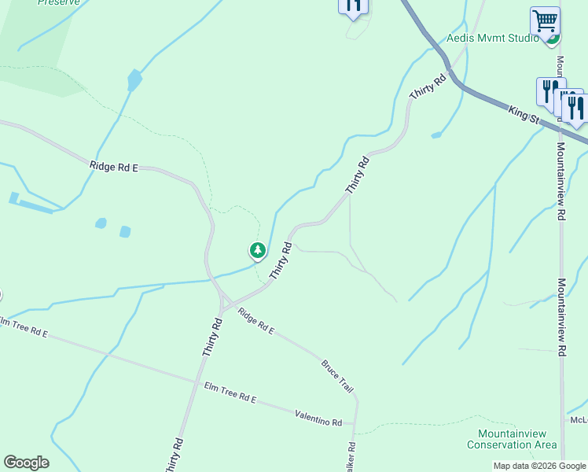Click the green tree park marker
tap(257, 251)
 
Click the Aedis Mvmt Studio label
tap(492, 37)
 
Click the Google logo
tap(26, 463)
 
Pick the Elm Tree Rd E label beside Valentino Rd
tap(230, 393)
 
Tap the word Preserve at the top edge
tap(58, 2)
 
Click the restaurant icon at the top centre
tap(353, 6)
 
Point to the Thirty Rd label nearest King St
tap(428, 87)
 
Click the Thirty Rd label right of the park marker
tap(281, 260)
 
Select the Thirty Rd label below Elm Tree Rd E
tap(174, 455)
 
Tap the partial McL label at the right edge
tap(579, 420)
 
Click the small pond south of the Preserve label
tap(134, 79)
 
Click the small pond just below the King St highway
tap(436, 135)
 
